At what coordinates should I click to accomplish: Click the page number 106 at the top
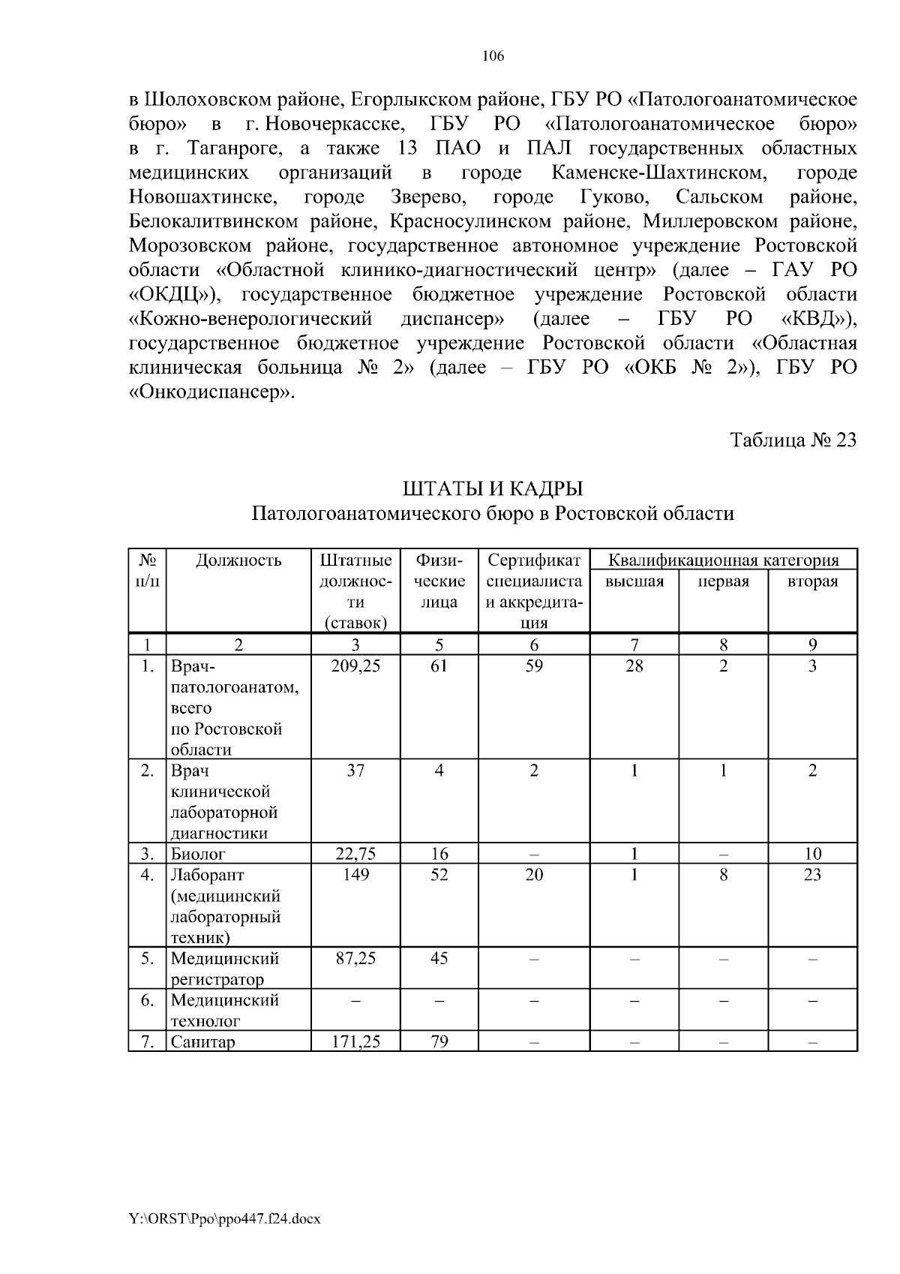click(x=493, y=56)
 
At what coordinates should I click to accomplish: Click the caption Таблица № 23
click(x=793, y=440)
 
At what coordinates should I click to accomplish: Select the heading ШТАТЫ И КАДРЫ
click(x=493, y=489)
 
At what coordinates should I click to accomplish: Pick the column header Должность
click(x=238, y=560)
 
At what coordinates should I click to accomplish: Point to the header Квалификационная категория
click(x=723, y=560)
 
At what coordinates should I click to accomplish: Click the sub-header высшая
click(x=634, y=581)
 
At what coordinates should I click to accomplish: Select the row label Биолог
click(x=198, y=854)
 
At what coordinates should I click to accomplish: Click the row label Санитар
click(x=202, y=1041)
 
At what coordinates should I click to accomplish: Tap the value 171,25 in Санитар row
click(x=355, y=1041)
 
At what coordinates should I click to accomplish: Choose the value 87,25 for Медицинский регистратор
click(x=355, y=958)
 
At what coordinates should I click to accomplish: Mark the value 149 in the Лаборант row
click(x=355, y=875)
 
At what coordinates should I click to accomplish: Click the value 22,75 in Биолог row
click(x=355, y=854)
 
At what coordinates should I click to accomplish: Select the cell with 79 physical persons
click(x=439, y=1041)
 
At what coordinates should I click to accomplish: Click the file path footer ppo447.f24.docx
click(x=225, y=1219)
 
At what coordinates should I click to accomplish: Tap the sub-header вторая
click(x=812, y=581)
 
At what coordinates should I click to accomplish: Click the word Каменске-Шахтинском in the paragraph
click(x=658, y=173)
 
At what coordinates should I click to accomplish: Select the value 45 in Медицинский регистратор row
click(x=439, y=958)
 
